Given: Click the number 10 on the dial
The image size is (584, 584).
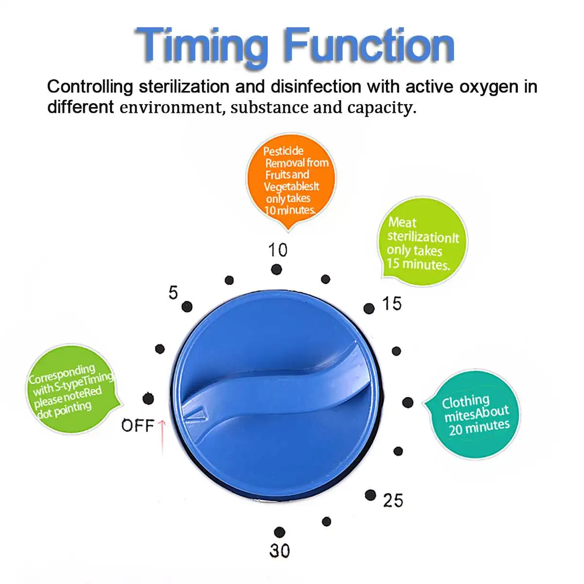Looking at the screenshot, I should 278,250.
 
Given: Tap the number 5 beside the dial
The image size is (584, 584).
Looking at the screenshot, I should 173,292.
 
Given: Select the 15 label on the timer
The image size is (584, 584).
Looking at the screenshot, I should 392,304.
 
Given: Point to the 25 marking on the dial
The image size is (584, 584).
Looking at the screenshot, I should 393,500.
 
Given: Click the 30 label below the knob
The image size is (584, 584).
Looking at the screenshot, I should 280,550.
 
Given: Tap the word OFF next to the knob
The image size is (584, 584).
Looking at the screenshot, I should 138,426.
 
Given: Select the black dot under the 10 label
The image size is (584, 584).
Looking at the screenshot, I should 276,269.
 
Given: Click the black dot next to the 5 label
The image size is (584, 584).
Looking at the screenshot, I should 187,307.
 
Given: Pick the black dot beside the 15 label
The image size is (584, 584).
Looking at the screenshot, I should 369,309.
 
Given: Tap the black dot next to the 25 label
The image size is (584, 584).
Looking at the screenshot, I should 370,495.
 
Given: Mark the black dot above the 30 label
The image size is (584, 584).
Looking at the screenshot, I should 279,532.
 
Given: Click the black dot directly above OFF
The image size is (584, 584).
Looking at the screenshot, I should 148,399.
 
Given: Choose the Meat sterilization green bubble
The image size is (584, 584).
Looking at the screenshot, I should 421,242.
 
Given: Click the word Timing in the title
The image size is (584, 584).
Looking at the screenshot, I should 201,46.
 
